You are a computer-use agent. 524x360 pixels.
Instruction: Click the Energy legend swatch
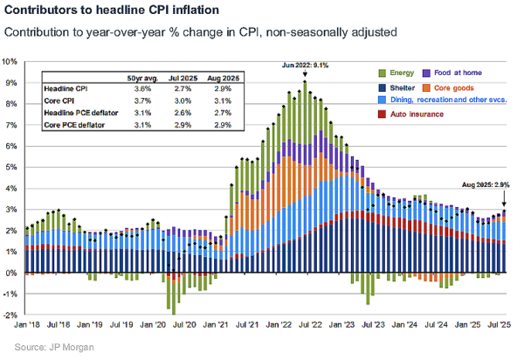[383, 73]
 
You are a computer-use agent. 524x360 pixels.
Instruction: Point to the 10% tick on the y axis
[11, 62]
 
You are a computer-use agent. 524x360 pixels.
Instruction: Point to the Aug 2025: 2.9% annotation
[485, 184]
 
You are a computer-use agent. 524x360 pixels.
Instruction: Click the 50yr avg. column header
[141, 79]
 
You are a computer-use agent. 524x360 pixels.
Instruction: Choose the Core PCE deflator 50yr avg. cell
[141, 127]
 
